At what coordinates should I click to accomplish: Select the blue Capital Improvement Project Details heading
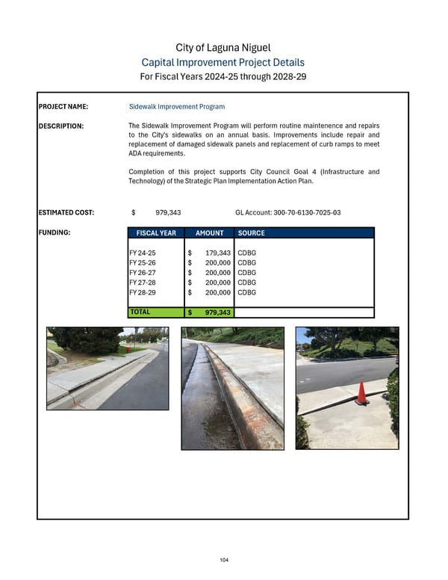point(223,63)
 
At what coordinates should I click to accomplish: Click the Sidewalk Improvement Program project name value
point(177,107)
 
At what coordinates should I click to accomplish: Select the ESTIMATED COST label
point(66,213)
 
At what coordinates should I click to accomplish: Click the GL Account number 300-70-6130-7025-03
point(287,213)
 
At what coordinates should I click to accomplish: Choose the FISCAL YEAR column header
point(156,233)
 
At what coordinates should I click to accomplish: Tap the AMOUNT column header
point(209,233)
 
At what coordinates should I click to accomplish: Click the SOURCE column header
point(251,233)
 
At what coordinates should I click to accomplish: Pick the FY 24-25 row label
point(143,254)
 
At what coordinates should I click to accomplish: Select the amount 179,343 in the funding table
point(217,254)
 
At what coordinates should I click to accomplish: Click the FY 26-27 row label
point(143,274)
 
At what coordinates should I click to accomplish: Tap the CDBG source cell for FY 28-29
point(246,292)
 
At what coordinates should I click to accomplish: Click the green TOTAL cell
point(156,312)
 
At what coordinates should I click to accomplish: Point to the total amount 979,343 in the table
point(217,313)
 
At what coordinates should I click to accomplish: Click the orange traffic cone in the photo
point(361,393)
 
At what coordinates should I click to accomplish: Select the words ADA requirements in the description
point(157,152)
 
